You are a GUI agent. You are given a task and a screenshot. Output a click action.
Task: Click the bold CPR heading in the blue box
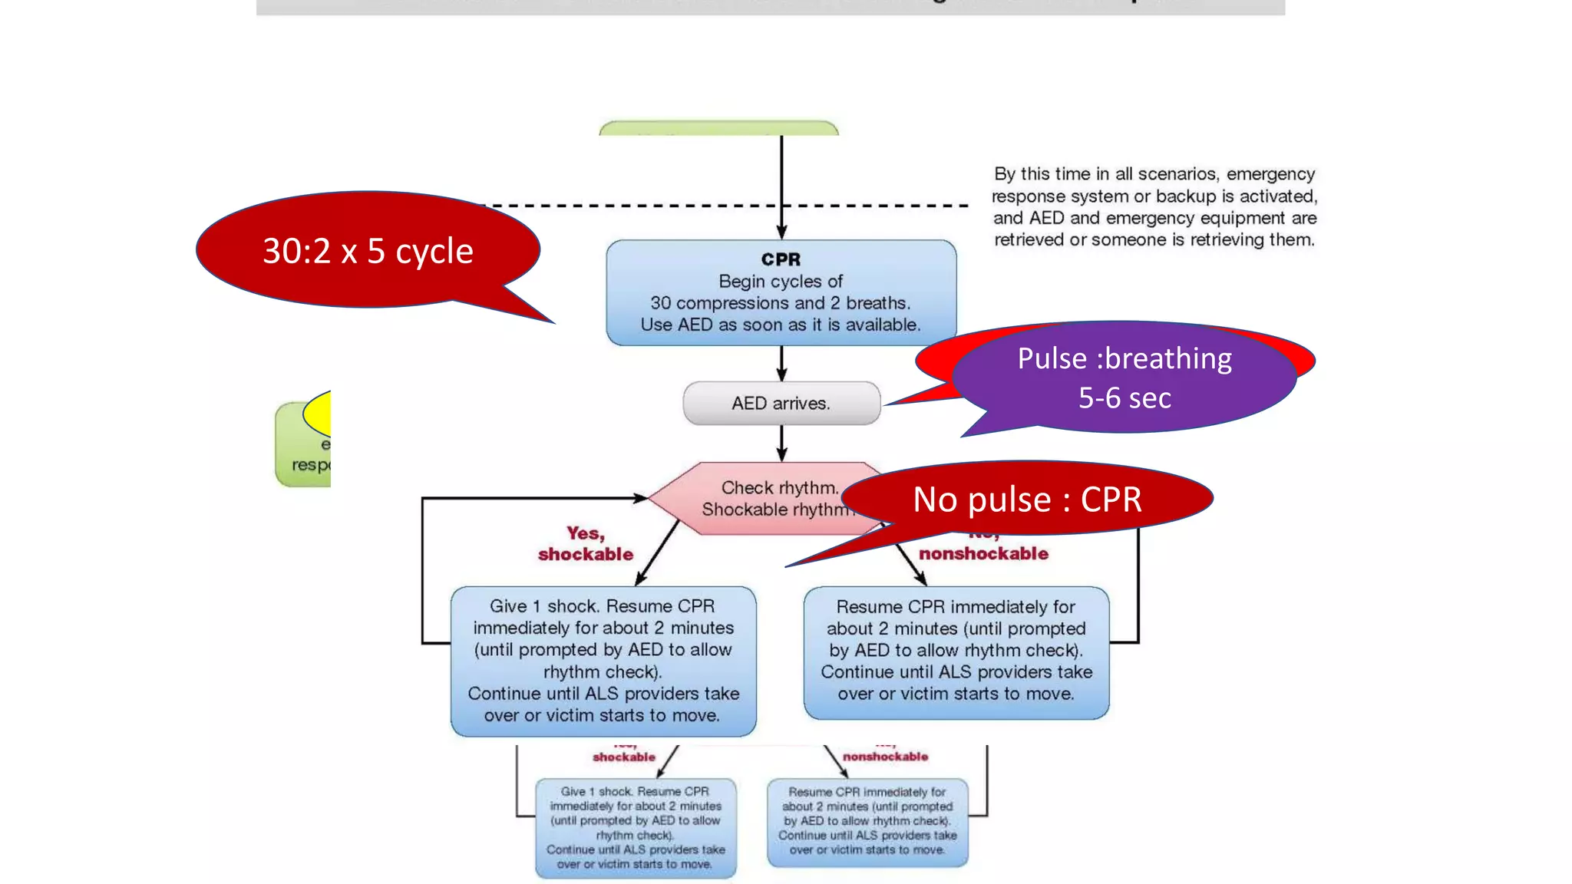(x=781, y=259)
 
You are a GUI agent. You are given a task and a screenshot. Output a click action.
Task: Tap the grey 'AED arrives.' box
(x=781, y=403)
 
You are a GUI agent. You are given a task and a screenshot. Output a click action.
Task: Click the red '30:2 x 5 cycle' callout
(x=368, y=251)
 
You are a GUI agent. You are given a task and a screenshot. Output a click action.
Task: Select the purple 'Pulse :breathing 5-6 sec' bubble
(x=1124, y=378)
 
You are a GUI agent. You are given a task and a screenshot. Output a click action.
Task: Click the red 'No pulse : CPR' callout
(x=1026, y=500)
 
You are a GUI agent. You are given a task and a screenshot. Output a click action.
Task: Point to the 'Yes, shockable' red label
(x=586, y=543)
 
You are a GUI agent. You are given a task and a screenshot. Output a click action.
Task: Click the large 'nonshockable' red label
(x=983, y=553)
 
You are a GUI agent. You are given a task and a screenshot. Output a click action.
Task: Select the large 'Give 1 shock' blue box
(x=603, y=661)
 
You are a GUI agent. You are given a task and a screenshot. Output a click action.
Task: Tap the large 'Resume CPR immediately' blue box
(x=956, y=651)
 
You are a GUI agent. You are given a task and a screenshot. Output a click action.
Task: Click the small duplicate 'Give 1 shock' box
(x=636, y=827)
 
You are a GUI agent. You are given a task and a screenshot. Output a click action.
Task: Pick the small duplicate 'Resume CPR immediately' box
(x=867, y=821)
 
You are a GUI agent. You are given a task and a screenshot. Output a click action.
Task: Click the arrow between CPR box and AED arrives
(x=781, y=363)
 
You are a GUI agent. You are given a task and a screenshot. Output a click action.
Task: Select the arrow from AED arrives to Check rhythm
(x=781, y=443)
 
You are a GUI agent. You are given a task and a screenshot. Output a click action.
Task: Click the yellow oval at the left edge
(x=319, y=414)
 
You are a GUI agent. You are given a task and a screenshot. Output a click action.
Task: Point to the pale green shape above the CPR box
(x=718, y=128)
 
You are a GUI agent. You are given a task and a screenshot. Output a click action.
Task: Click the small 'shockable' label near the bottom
(x=624, y=757)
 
